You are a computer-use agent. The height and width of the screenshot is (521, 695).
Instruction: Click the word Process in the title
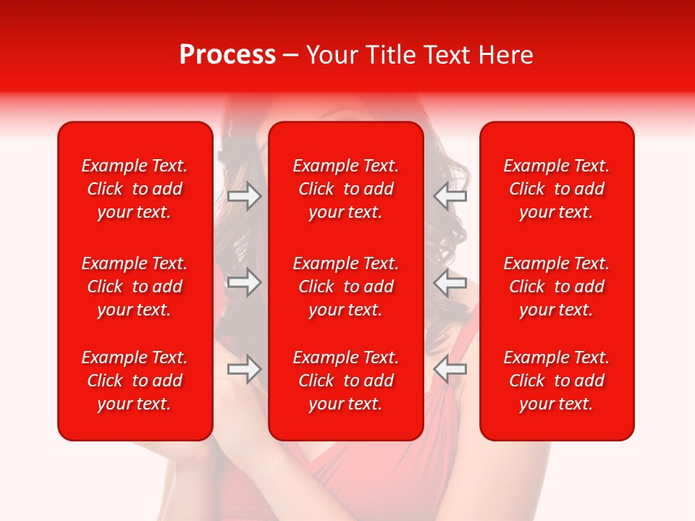[227, 55]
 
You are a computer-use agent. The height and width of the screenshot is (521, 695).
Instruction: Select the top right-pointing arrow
[245, 196]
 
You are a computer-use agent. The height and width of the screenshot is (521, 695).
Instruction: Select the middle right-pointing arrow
[245, 282]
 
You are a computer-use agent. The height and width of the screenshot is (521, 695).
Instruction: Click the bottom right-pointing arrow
[245, 369]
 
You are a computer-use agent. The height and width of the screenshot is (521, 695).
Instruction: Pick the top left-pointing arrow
[450, 196]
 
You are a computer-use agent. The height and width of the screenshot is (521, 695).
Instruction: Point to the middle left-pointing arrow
[450, 282]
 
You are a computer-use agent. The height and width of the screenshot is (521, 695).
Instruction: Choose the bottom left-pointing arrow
[450, 369]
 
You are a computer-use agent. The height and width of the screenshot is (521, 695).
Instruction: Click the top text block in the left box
[135, 189]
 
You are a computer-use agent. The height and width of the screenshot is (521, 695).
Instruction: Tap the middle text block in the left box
[135, 287]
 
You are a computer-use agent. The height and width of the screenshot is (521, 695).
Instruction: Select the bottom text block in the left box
[135, 381]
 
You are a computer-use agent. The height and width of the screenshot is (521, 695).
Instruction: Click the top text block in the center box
[345, 189]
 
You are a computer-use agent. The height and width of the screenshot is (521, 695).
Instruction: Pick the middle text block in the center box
[345, 287]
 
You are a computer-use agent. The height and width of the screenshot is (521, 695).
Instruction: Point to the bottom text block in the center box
[345, 381]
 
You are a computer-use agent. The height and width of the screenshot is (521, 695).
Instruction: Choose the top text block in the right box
[556, 189]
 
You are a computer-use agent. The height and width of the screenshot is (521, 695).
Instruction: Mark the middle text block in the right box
[556, 287]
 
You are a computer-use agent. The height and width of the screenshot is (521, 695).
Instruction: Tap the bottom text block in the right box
[556, 381]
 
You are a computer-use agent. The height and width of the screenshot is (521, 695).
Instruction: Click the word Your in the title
[332, 55]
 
